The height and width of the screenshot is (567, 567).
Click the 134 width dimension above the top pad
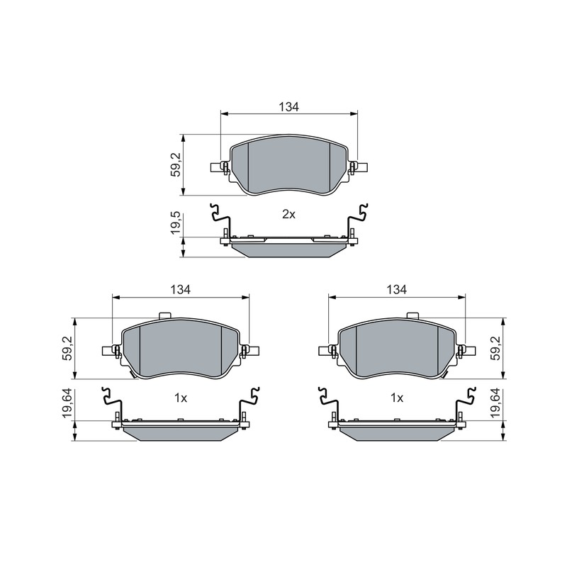[289, 107]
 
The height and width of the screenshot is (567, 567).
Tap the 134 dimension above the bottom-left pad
[181, 289]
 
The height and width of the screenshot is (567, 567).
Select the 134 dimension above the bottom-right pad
[397, 289]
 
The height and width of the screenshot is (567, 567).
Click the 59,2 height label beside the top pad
[176, 165]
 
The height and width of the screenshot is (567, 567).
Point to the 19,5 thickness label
[176, 224]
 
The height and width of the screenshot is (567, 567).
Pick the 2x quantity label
[288, 215]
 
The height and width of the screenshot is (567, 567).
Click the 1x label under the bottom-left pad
[181, 398]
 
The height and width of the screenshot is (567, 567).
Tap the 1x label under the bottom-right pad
[397, 398]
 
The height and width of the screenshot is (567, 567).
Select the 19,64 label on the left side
[68, 403]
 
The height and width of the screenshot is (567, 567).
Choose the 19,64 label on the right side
[495, 403]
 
